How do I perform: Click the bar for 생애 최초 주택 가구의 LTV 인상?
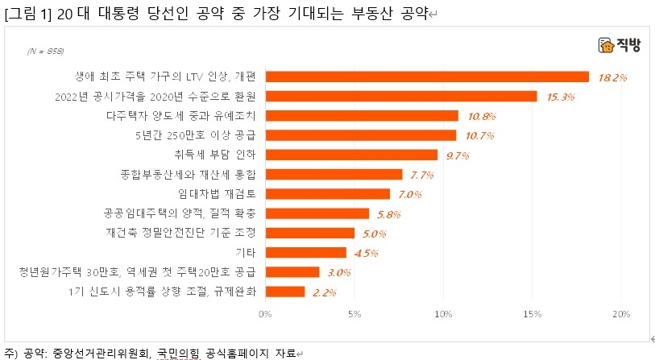[426, 77]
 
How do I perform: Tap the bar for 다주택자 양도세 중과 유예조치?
[361, 116]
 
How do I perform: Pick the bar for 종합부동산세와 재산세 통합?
[333, 174]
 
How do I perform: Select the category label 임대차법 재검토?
[217, 194]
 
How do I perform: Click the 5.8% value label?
[388, 214]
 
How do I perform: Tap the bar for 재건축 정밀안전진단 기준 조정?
[309, 234]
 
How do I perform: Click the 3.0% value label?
[339, 272]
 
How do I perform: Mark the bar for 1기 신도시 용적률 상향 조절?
[284, 292]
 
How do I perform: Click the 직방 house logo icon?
[606, 46]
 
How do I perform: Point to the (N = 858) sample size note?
[45, 51]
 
